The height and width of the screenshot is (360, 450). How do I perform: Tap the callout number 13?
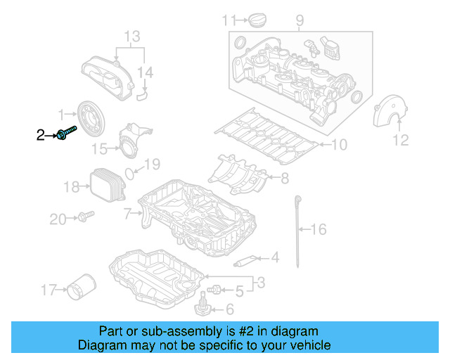pyautogui.click(x=132, y=36)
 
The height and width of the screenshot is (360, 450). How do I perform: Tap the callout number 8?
pyautogui.click(x=284, y=179)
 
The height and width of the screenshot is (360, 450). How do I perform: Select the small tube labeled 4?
pyautogui.click(x=243, y=262)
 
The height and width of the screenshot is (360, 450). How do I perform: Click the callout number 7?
pyautogui.click(x=127, y=212)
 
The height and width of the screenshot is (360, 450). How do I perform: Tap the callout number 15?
pyautogui.click(x=101, y=148)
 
